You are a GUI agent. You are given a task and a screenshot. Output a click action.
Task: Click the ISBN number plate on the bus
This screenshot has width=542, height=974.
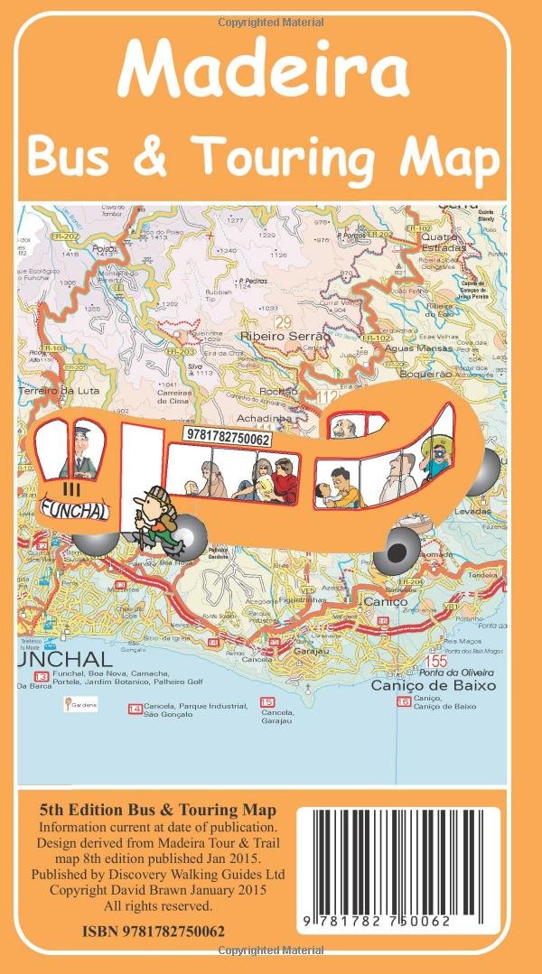point(227,437)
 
